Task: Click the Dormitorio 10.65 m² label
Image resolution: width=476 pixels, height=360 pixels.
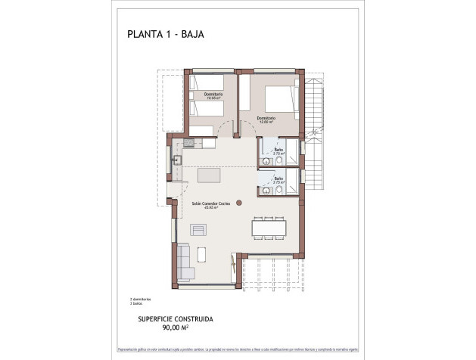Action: point(204,95)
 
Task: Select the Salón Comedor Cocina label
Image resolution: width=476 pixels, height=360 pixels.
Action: point(204,205)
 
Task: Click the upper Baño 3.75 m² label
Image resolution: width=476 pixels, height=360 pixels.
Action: point(278,151)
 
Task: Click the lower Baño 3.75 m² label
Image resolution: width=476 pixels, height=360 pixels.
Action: point(278,181)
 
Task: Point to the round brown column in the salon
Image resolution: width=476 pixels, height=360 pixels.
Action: point(238,202)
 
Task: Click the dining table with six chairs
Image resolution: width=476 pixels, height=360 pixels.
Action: point(269,226)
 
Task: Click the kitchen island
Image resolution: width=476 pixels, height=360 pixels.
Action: point(210,175)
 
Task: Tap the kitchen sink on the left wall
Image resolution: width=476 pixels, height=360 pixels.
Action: point(176,160)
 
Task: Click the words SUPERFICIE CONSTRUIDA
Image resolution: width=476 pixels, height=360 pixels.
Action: point(176,320)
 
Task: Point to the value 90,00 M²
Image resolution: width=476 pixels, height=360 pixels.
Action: point(176,329)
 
